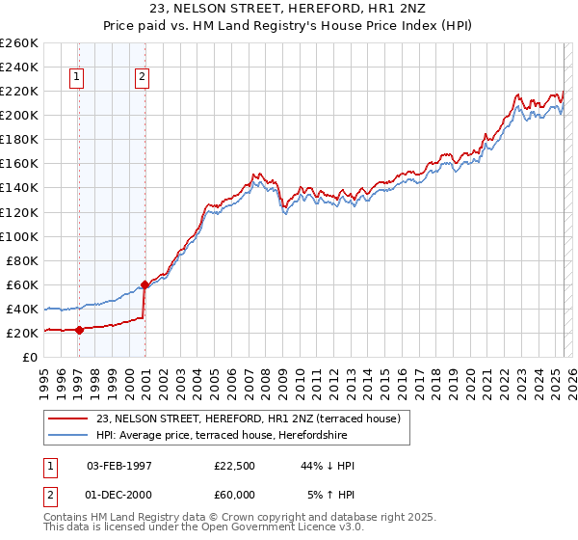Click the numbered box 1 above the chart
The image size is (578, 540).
[x=76, y=79]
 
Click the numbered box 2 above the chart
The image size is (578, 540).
[x=142, y=79]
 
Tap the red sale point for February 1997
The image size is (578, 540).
[x=79, y=329]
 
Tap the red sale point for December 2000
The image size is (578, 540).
[x=144, y=284]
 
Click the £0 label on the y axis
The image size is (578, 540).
[x=29, y=357]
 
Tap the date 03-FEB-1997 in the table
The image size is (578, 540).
[x=118, y=466]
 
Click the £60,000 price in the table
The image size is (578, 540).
[x=235, y=495]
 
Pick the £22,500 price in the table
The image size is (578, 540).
[x=235, y=466]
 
